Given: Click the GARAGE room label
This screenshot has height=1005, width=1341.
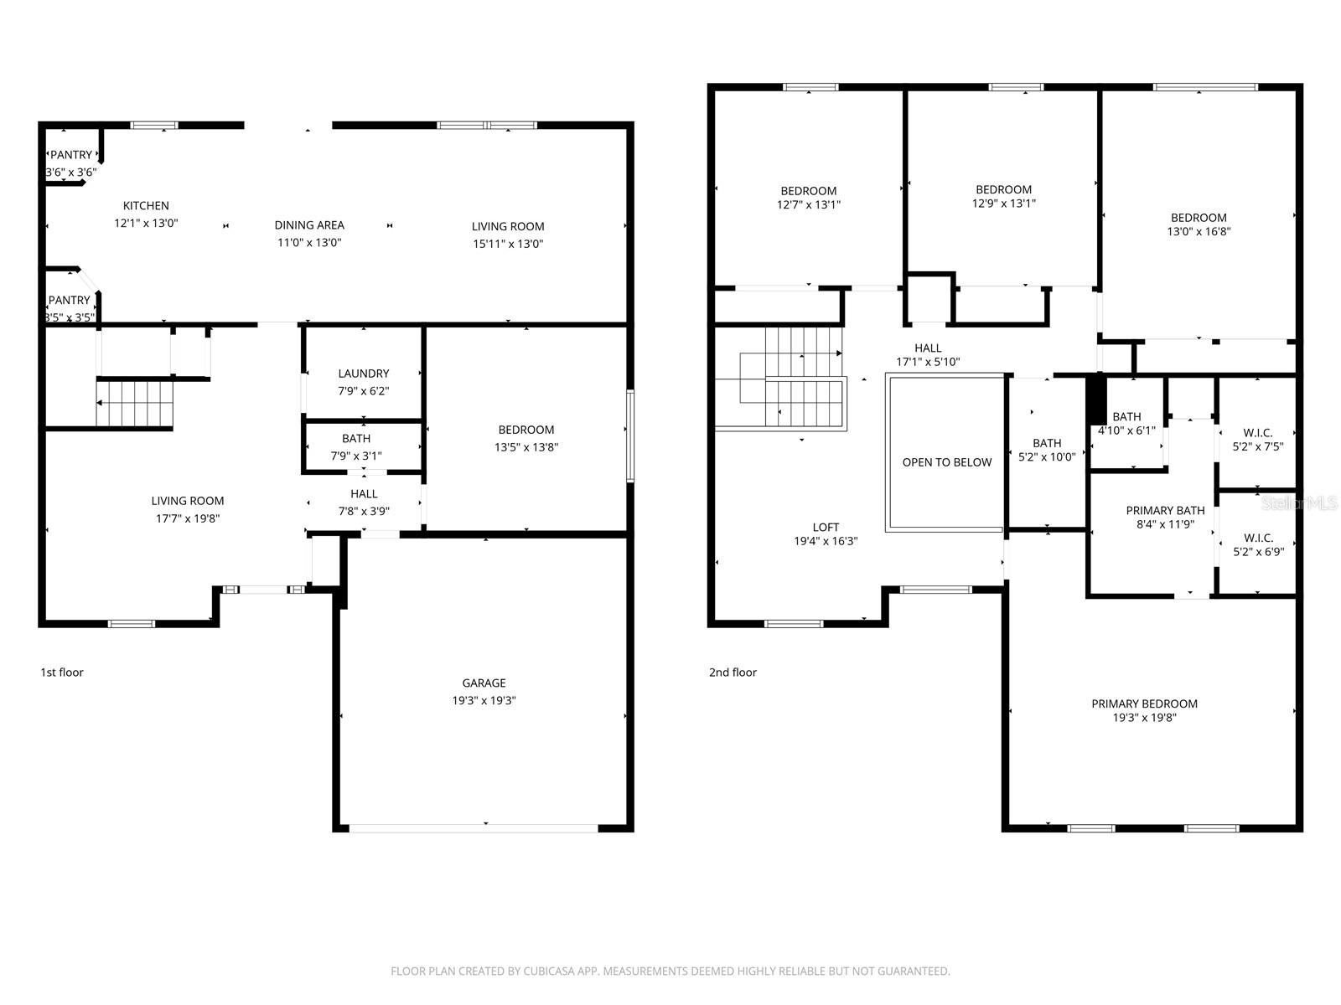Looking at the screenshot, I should pyautogui.click(x=484, y=683).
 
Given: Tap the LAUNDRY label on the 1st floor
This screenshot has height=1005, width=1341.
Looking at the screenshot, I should pyautogui.click(x=363, y=374).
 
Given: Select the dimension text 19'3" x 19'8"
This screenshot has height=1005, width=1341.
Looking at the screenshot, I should pyautogui.click(x=1144, y=718).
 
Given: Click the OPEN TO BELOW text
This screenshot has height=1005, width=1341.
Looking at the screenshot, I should pyautogui.click(x=946, y=462).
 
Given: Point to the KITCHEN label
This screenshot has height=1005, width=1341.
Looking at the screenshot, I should pyautogui.click(x=146, y=205).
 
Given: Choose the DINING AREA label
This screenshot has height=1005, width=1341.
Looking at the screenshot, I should pyautogui.click(x=309, y=224).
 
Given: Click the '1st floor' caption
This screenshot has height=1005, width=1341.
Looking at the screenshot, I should pyautogui.click(x=62, y=672).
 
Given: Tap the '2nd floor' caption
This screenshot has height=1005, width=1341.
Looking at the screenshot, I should pyautogui.click(x=733, y=672).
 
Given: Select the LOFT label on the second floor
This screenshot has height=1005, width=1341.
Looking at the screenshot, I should pyautogui.click(x=826, y=527).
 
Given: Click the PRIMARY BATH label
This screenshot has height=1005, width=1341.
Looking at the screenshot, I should pyautogui.click(x=1165, y=510).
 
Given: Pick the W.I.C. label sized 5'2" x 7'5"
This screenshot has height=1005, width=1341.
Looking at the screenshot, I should pyautogui.click(x=1258, y=432).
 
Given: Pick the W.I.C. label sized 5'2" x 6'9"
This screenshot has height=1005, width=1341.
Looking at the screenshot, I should pyautogui.click(x=1258, y=538).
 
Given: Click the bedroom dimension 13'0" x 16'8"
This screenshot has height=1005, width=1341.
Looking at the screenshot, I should pyautogui.click(x=1199, y=232).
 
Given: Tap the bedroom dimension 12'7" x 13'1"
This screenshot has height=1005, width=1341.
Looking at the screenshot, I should pyautogui.click(x=808, y=204).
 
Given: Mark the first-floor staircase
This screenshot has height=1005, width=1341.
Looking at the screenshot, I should pyautogui.click(x=135, y=403).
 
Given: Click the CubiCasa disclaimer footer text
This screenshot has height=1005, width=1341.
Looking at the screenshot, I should pyautogui.click(x=670, y=971).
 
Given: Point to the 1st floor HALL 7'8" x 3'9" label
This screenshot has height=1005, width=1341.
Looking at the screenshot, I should pyautogui.click(x=364, y=494).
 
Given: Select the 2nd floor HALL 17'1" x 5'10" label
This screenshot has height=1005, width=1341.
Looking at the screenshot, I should pyautogui.click(x=927, y=348).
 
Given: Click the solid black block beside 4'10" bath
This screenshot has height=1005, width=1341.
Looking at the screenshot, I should pyautogui.click(x=1096, y=399).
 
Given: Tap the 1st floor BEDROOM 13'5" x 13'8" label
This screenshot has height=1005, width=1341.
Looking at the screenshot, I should pyautogui.click(x=526, y=430).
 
